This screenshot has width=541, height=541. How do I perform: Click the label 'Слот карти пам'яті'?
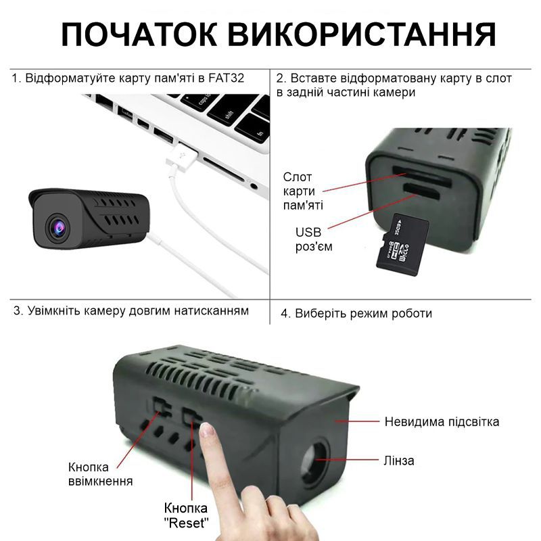pyautogui.click(x=302, y=191)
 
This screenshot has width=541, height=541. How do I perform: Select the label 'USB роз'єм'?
pyautogui.click(x=313, y=239)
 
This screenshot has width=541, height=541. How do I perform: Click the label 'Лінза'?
pyautogui.click(x=400, y=461)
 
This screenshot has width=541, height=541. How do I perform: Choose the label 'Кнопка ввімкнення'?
pyautogui.click(x=100, y=473)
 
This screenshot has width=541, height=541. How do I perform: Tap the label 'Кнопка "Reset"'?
pyautogui.click(x=186, y=515)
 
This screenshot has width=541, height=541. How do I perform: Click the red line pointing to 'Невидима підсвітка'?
pyautogui.click(x=358, y=421)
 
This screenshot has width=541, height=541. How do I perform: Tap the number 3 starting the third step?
pyautogui.click(x=18, y=311)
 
